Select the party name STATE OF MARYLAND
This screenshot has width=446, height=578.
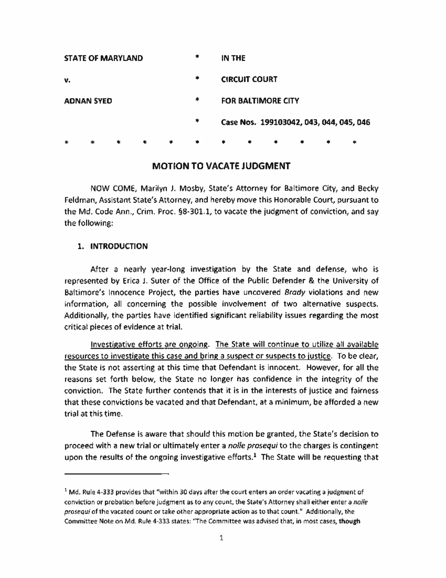[103, 58]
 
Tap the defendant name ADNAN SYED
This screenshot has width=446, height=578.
[88, 101]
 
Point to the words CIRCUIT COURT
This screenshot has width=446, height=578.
[249, 79]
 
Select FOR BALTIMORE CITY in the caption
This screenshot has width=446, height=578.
[260, 101]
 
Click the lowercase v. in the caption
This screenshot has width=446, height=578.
[67, 80]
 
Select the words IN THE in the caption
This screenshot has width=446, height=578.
[233, 58]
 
